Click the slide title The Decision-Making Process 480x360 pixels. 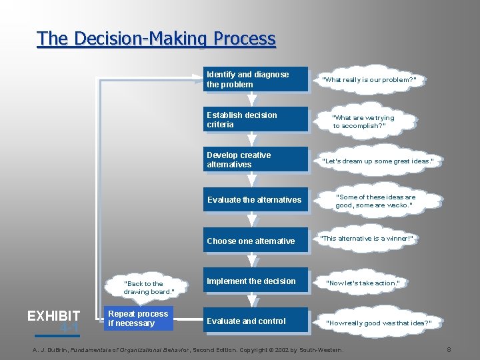(x=156, y=39)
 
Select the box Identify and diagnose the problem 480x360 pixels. (x=256, y=80)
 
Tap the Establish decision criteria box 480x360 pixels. (x=256, y=120)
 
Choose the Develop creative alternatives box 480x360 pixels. (x=256, y=160)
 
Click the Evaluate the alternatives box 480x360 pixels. (x=256, y=200)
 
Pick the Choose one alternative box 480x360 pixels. (x=256, y=241)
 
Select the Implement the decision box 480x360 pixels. (x=256, y=281)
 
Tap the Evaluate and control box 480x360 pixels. (x=256, y=321)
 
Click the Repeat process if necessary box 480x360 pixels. (x=139, y=319)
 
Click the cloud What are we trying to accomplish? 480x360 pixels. (x=364, y=122)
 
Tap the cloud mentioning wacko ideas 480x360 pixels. (x=375, y=201)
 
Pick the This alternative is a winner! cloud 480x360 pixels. (x=367, y=239)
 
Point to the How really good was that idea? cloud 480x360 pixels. (x=379, y=323)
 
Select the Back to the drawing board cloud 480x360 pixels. (x=148, y=287)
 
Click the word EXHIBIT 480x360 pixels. (x=53, y=316)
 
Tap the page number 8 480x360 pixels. (x=449, y=349)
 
